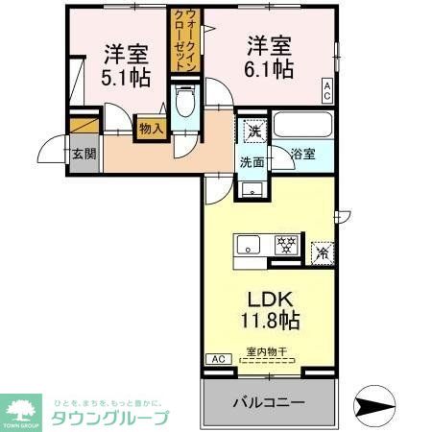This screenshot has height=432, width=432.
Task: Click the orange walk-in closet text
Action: click(x=180, y=39)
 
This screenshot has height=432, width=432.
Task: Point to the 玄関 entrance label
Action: click(x=83, y=154)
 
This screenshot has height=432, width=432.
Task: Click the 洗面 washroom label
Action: click(x=252, y=161)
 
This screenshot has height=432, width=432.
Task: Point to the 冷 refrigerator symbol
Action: click(x=324, y=253)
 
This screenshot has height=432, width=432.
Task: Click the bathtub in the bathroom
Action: click(x=302, y=126)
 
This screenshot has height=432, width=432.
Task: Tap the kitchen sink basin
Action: click(x=248, y=247)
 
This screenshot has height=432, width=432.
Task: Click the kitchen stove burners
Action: click(x=285, y=246)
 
